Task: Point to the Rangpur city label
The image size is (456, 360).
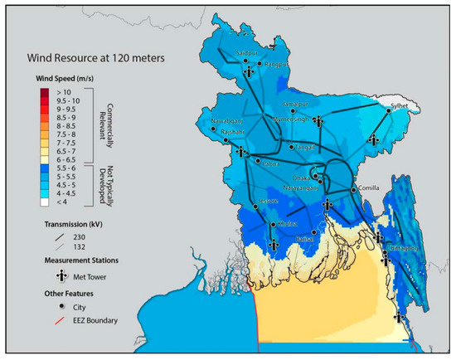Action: [x=276, y=62]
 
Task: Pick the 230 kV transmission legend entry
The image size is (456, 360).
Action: [x=56, y=237]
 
